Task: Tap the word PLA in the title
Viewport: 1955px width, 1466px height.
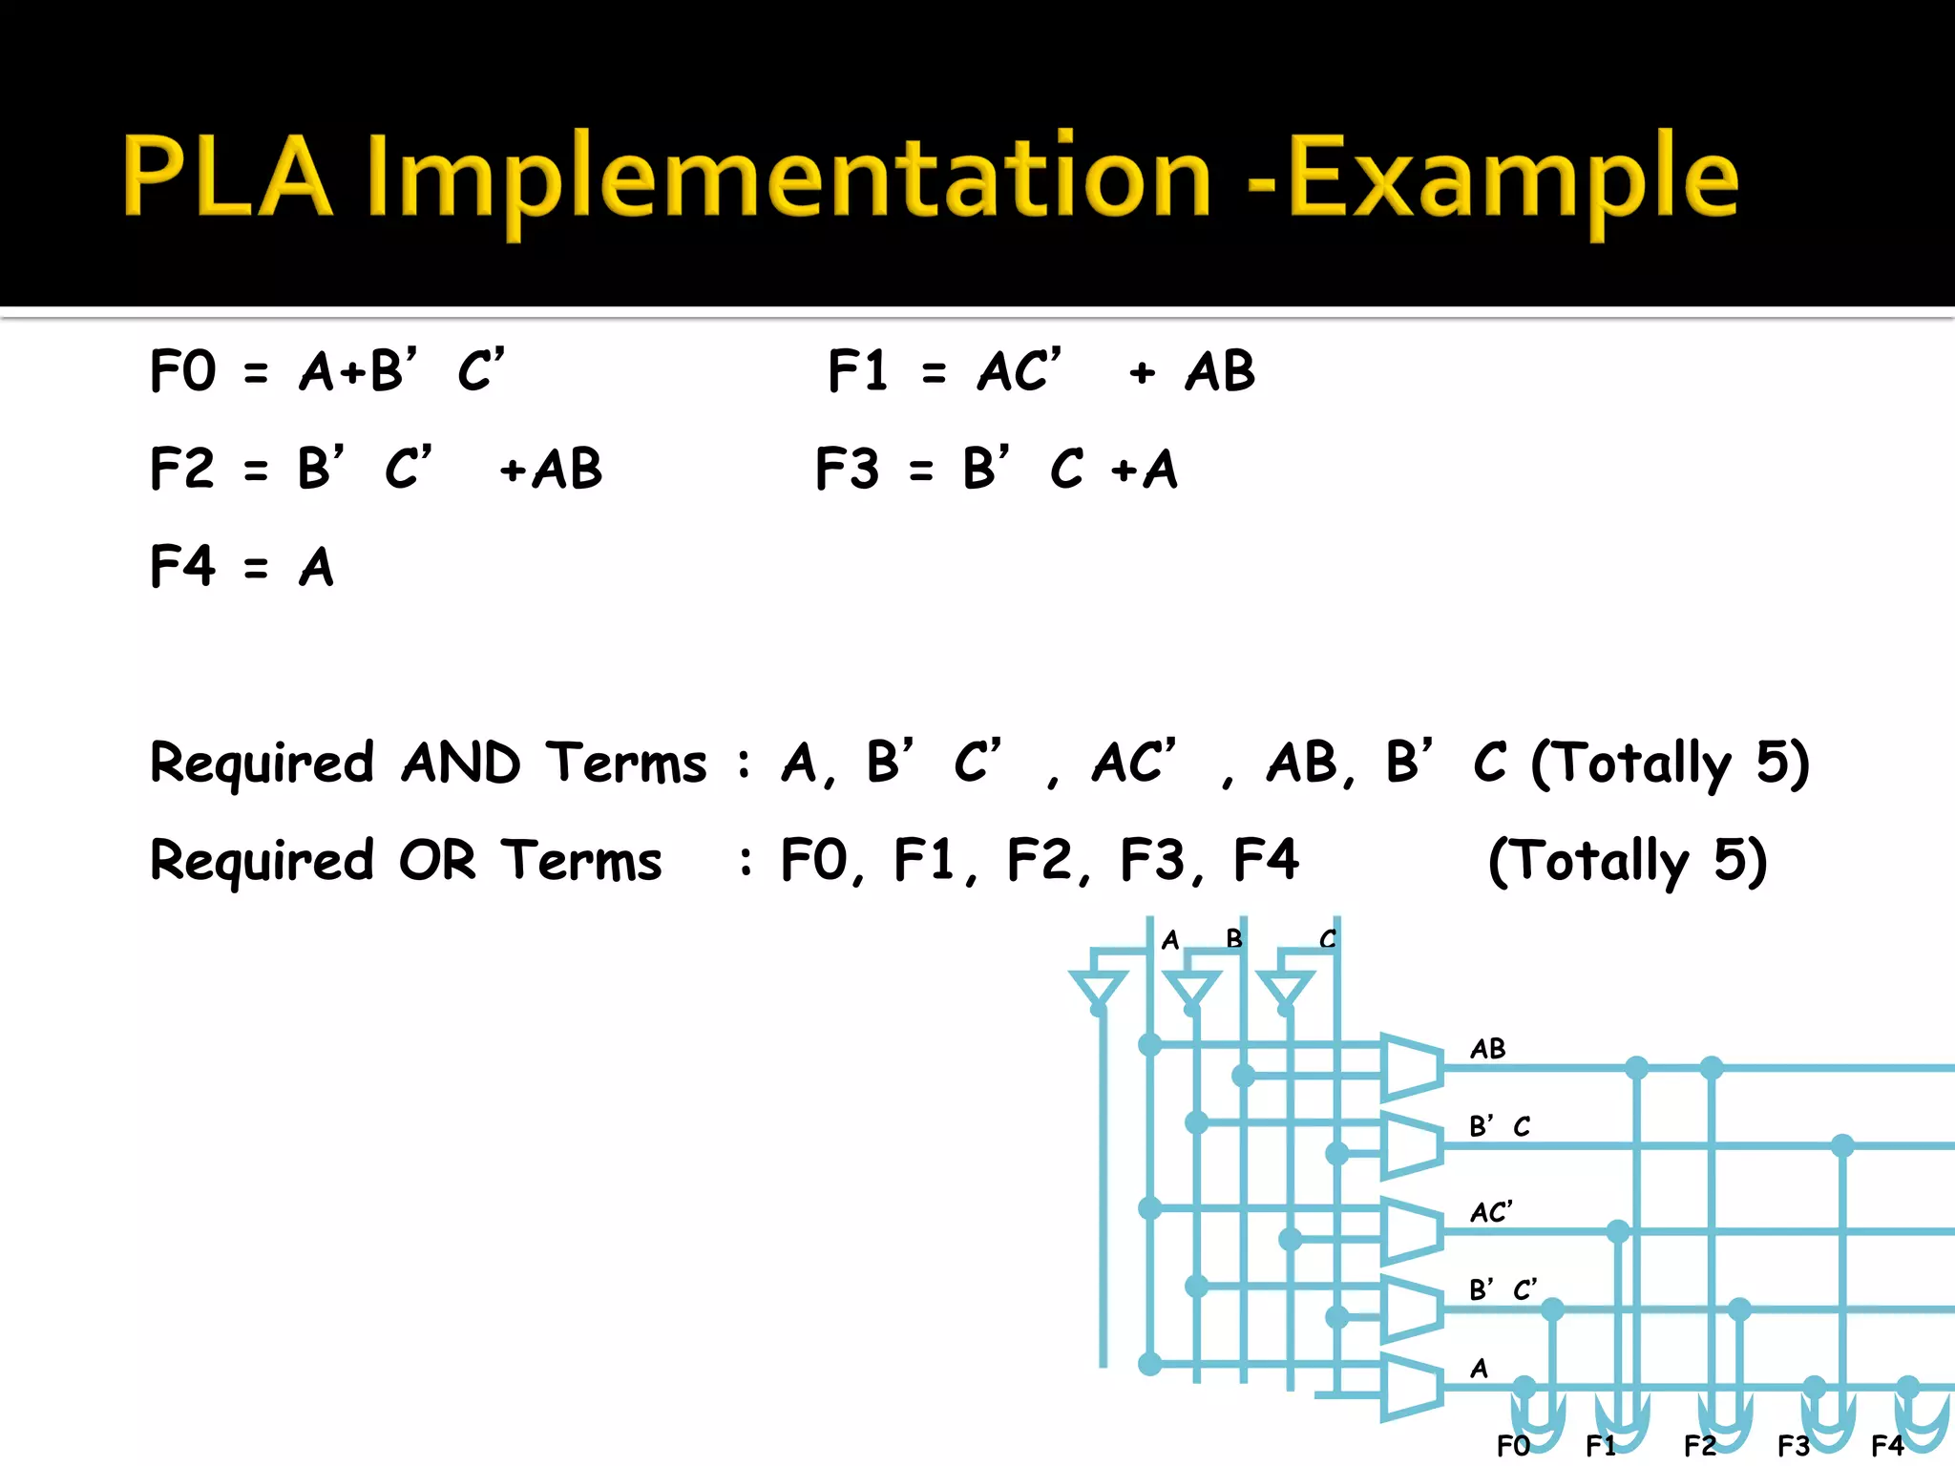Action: click(x=227, y=178)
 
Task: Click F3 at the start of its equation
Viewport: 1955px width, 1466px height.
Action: click(x=847, y=469)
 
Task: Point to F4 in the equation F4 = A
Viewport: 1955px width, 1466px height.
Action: click(x=183, y=566)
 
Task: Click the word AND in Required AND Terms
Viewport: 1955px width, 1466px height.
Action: click(x=461, y=763)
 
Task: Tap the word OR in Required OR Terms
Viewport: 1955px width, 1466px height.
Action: click(x=437, y=860)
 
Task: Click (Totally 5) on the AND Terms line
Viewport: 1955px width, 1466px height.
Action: click(x=1670, y=763)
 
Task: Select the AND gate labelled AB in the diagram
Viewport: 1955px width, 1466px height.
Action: click(x=1411, y=1065)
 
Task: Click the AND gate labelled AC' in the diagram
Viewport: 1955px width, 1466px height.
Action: click(x=1411, y=1230)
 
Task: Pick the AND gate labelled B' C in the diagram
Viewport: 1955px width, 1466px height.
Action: click(x=1411, y=1143)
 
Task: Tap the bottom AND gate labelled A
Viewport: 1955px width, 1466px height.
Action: click(x=1411, y=1386)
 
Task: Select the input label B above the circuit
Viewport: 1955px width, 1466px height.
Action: click(x=1234, y=939)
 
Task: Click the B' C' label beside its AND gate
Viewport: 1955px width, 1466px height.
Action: click(x=1503, y=1290)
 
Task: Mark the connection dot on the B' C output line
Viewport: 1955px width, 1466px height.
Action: click(x=1842, y=1145)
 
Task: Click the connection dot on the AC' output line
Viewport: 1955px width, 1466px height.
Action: click(x=1618, y=1231)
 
